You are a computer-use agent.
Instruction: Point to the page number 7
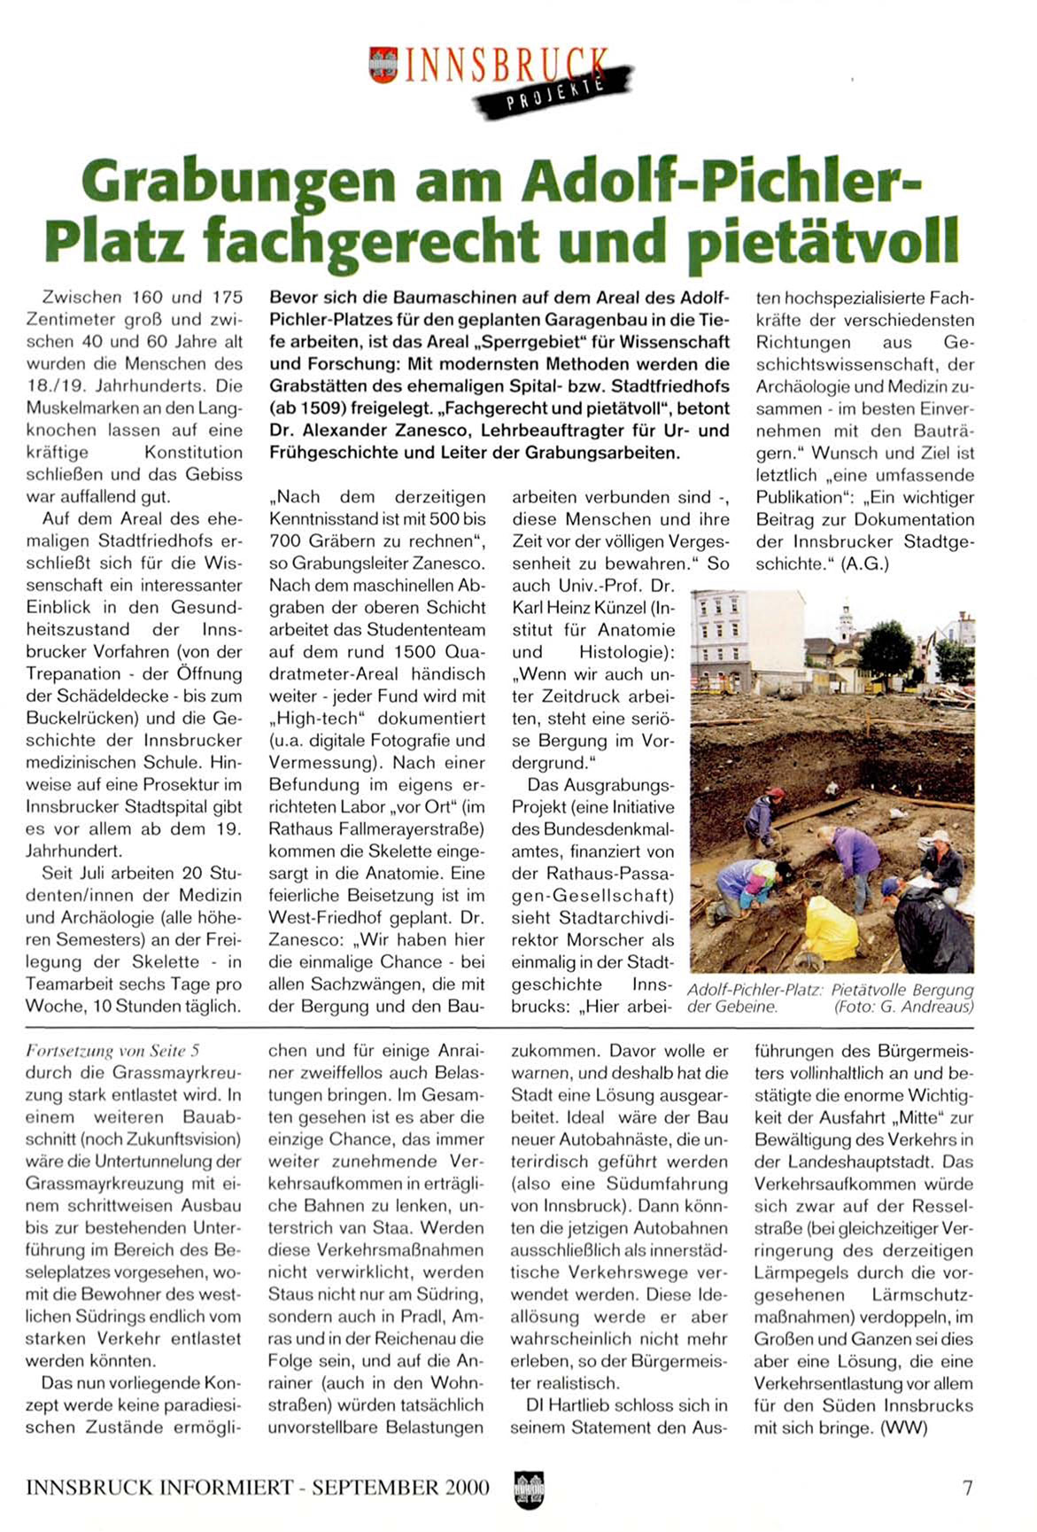click(x=968, y=1487)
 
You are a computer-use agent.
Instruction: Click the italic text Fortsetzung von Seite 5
click(x=112, y=1052)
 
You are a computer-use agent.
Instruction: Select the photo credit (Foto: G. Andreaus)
click(x=903, y=1007)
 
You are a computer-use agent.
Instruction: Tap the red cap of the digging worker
click(x=777, y=791)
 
